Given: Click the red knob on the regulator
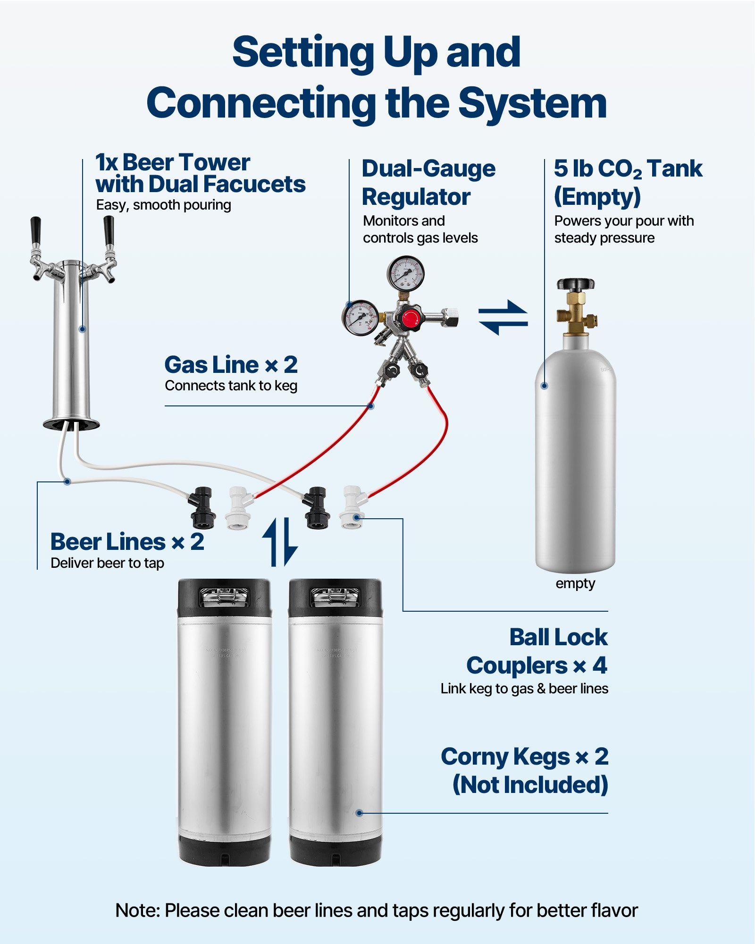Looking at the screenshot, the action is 410,317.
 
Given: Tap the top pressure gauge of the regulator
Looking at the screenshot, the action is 405,274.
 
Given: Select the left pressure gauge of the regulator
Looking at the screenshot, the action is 360,318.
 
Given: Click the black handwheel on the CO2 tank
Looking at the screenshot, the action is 575,284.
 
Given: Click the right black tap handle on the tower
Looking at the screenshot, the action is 109,230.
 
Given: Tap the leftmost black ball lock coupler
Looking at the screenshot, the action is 202,508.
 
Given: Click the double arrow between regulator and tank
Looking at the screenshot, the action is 503,317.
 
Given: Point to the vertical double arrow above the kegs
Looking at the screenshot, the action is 280,542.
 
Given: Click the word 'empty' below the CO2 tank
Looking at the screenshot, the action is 575,584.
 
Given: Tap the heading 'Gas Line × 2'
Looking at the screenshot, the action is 231,365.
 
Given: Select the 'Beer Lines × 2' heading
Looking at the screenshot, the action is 127,542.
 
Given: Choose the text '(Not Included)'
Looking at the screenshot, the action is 530,785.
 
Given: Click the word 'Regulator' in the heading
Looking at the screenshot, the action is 416,197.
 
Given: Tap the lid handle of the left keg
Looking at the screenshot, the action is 224,597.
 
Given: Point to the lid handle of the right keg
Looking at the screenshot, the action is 335,597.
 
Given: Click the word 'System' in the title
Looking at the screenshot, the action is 533,104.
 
